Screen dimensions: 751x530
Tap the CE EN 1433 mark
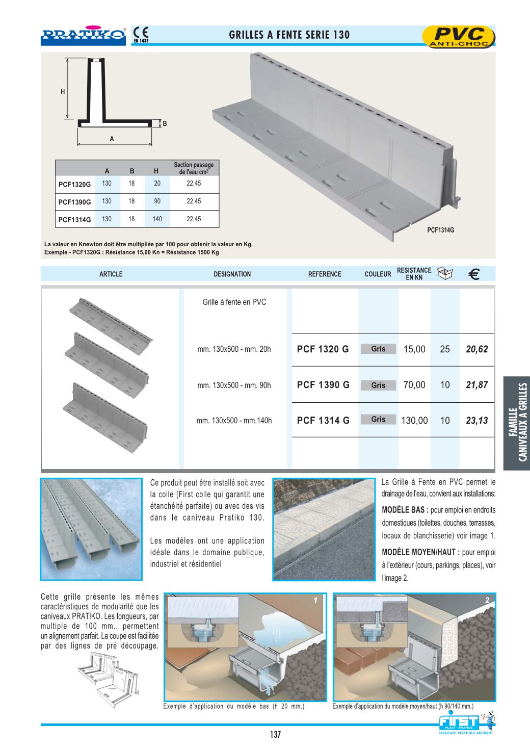point(140,34)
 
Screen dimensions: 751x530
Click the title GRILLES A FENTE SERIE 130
point(289,35)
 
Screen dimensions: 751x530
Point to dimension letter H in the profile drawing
point(63,92)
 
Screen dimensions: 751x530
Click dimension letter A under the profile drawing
point(112,139)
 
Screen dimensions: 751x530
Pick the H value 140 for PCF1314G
point(157,219)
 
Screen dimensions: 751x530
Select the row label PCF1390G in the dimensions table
point(74,202)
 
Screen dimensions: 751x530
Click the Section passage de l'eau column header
point(194,168)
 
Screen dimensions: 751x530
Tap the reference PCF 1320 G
point(323,349)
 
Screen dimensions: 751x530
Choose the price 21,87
point(476,385)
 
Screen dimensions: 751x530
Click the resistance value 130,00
point(414,421)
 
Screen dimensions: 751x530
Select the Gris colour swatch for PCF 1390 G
point(378,385)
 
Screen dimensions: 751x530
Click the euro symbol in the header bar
point(473,275)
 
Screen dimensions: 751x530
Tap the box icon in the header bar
point(445,274)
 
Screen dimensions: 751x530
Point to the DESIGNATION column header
point(232,274)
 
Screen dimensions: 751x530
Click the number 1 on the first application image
point(315,601)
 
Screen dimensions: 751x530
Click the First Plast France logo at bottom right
point(465,724)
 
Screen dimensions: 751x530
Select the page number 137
point(275,735)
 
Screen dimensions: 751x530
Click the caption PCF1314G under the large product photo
point(440,230)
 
